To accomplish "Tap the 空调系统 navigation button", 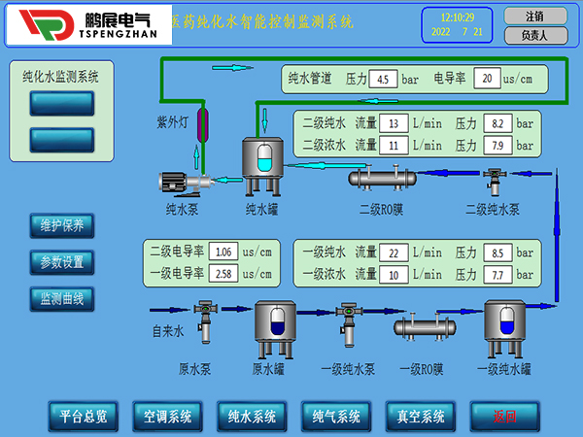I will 166,416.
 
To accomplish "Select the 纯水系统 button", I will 251,416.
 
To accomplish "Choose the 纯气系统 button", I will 335,416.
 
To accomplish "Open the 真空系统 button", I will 420,416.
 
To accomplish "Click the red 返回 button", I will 504,416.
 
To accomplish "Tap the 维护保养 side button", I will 61,226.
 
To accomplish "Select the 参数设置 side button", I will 61,262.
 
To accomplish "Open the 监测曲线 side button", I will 61,298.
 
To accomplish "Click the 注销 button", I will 533,17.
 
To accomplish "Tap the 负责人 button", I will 533,35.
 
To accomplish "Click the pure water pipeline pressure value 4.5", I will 383,78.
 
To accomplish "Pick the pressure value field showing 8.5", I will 497,252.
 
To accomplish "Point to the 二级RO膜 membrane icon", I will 382,177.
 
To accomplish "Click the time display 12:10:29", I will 458,17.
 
